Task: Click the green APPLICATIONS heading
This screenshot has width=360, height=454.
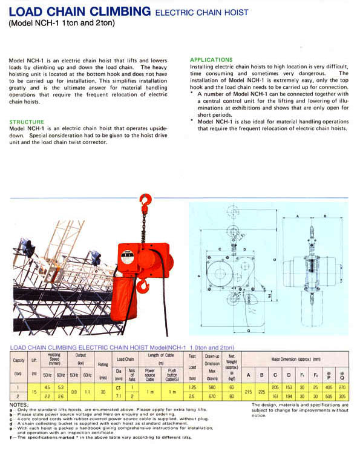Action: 211,60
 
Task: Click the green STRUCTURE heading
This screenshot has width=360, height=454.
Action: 27,122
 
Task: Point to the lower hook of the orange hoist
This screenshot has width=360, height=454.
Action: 143,285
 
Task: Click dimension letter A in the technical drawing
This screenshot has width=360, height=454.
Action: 298,215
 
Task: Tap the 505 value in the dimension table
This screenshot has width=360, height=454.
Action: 329,396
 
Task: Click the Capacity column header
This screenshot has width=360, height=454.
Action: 19,361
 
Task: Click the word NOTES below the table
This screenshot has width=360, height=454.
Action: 19,404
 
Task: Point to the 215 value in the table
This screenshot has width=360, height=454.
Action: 249,392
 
